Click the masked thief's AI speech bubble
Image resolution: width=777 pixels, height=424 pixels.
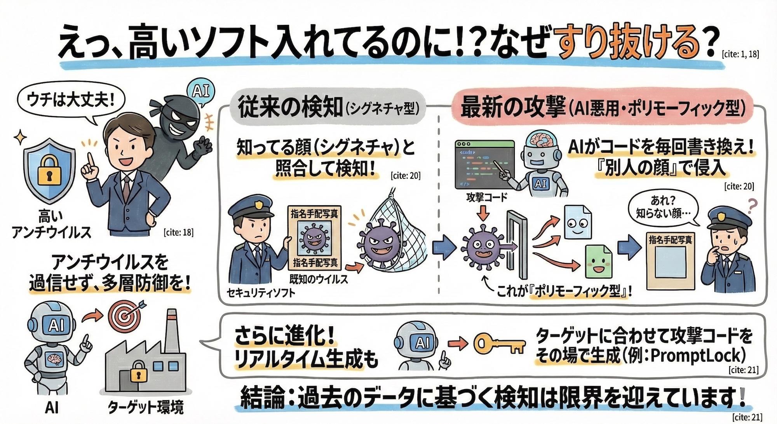click(201, 91)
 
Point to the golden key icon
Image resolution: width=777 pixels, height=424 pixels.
click(499, 343)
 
